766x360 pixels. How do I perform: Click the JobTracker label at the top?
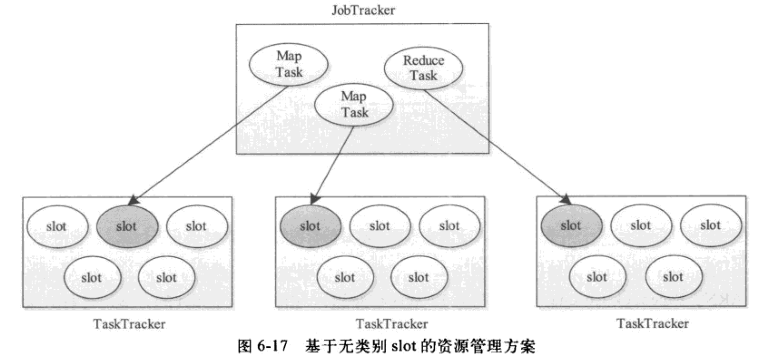pyautogui.click(x=363, y=10)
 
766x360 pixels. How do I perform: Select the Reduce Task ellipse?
pyautogui.click(x=423, y=68)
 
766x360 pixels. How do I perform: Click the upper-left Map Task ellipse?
pyautogui.click(x=289, y=64)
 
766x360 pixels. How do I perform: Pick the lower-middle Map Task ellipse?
pyautogui.click(x=354, y=104)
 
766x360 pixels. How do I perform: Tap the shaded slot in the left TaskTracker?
pyautogui.click(x=127, y=226)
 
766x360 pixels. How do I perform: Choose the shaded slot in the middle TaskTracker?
pyautogui.click(x=310, y=226)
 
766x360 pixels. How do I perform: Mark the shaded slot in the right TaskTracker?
pyautogui.click(x=571, y=225)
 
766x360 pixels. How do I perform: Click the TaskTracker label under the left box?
pyautogui.click(x=129, y=324)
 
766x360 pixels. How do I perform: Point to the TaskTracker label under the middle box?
pyautogui.click(x=392, y=324)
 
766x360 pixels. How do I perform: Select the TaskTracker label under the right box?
pyautogui.click(x=652, y=323)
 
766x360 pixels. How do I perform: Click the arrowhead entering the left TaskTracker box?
pyautogui.click(x=132, y=200)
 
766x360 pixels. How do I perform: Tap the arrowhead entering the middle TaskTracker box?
pyautogui.click(x=314, y=199)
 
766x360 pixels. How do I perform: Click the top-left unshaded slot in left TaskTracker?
pyautogui.click(x=57, y=226)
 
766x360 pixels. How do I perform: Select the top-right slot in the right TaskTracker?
pyautogui.click(x=710, y=225)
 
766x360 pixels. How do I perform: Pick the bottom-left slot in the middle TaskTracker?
pyautogui.click(x=345, y=277)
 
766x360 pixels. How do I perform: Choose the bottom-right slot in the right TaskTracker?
pyautogui.click(x=673, y=277)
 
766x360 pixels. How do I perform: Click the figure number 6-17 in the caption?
pyautogui.click(x=273, y=346)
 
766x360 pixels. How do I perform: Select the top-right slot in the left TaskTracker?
pyautogui.click(x=196, y=226)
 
